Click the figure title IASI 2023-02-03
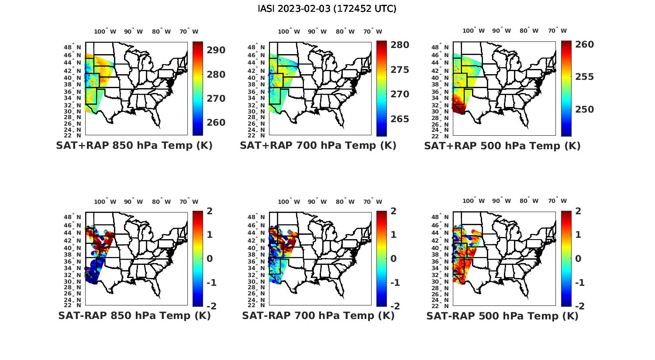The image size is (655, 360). [x=327, y=9]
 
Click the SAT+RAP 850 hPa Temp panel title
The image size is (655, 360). [x=134, y=145]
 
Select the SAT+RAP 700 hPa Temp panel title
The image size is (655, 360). [x=318, y=145]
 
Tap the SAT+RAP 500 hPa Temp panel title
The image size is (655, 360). [x=502, y=146]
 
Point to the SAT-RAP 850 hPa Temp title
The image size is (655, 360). [x=134, y=315]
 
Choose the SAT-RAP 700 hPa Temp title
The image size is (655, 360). [x=318, y=315]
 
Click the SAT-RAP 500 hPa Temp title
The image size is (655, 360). [x=502, y=316]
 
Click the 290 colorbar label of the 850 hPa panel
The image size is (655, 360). [x=216, y=50]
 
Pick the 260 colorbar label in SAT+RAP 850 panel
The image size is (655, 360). [x=216, y=123]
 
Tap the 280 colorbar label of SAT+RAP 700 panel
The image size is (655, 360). [x=400, y=45]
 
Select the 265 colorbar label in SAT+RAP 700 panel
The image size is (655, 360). [x=400, y=119]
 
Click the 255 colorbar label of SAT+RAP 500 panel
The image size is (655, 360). [x=584, y=77]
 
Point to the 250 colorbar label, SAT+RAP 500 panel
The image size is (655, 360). [x=584, y=110]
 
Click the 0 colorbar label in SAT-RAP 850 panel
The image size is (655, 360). [x=210, y=258]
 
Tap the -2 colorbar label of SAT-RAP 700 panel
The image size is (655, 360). [x=394, y=306]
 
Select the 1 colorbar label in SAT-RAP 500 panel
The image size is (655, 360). [x=578, y=235]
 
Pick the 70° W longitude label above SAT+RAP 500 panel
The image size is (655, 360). [x=557, y=31]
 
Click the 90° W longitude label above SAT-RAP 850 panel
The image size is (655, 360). [x=133, y=202]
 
